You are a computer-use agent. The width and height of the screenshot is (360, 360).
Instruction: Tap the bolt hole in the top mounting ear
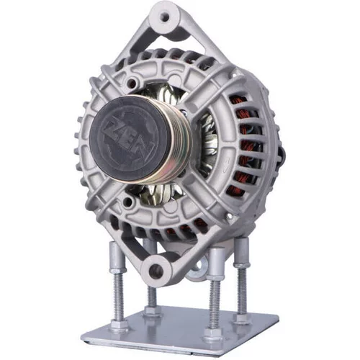pyautogui.click(x=165, y=17)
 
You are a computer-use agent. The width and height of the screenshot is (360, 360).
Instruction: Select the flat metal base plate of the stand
pyautogui.click(x=180, y=330)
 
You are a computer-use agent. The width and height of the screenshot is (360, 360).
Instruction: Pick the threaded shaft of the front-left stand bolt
pyautogui.click(x=118, y=297)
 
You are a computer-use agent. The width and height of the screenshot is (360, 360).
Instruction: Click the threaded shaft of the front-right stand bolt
pyautogui.click(x=212, y=305)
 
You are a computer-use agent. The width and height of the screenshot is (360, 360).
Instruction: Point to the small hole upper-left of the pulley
pyautogui.click(x=131, y=83)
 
